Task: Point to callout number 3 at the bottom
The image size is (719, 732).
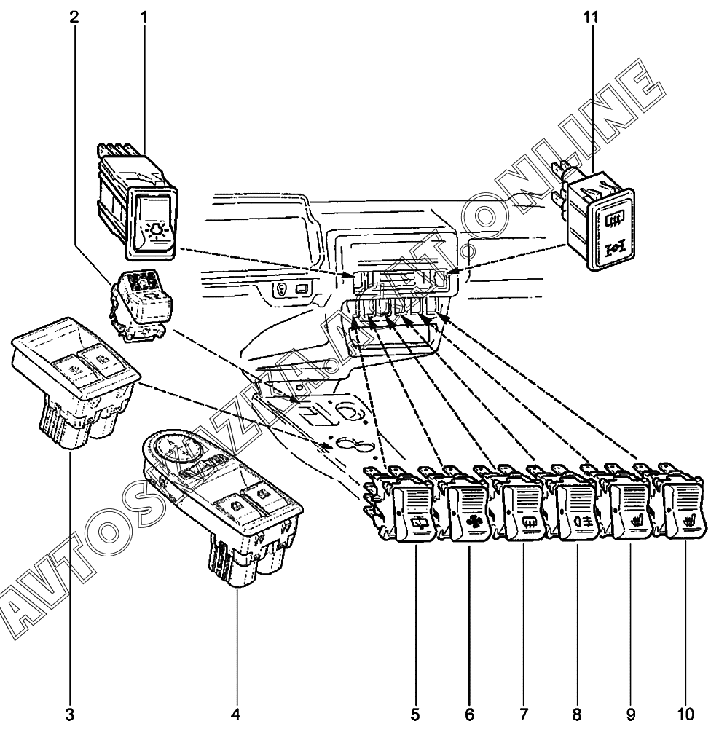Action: tap(70, 713)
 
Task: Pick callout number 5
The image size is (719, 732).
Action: tap(416, 713)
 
